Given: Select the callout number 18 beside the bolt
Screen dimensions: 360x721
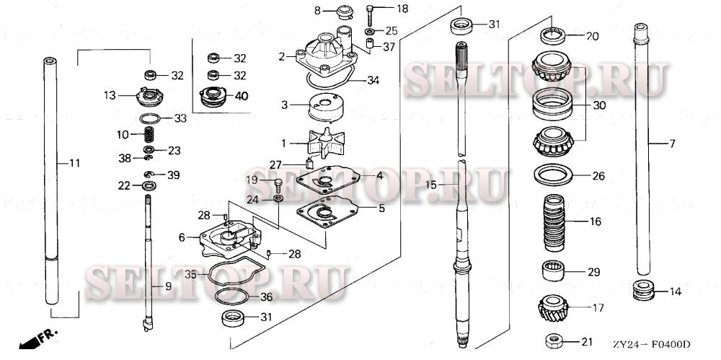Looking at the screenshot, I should (x=402, y=9).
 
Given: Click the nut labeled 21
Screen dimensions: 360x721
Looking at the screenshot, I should (x=553, y=340).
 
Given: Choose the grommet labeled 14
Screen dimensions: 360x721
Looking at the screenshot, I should (x=642, y=291).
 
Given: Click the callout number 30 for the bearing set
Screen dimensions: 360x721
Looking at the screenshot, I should (x=598, y=105).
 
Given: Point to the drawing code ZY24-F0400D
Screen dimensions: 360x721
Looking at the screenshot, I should (x=652, y=343).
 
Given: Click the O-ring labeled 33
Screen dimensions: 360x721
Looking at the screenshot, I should (x=149, y=118).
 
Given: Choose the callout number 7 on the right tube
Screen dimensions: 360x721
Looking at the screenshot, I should (x=671, y=144).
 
